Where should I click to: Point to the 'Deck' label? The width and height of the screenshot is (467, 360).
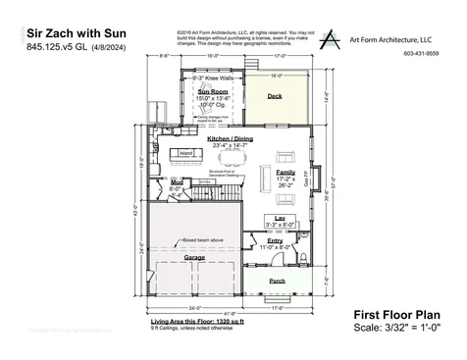(276, 96)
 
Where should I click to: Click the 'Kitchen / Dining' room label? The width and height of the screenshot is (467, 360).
(230, 139)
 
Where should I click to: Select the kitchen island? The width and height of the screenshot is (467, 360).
(183, 154)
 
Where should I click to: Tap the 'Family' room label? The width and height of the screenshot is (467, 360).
(285, 172)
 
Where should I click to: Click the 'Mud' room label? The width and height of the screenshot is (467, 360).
(177, 182)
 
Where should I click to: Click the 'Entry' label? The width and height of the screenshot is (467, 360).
(275, 240)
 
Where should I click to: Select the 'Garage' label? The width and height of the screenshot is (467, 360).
(194, 258)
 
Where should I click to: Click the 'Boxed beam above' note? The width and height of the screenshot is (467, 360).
(176, 238)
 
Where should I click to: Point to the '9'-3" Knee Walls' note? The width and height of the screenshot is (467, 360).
(212, 76)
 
